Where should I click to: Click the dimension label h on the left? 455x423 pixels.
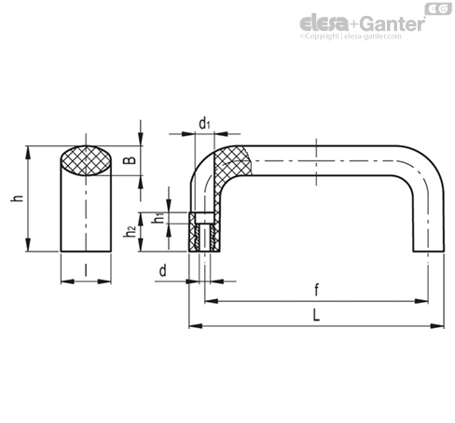(18, 198)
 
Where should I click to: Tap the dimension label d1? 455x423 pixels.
(204, 124)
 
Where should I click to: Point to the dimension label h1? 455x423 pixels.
(159, 218)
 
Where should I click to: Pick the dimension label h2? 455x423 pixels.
(130, 232)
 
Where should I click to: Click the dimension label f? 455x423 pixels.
(316, 290)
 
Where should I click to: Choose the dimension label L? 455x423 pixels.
(316, 316)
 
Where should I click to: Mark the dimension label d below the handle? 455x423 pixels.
(163, 271)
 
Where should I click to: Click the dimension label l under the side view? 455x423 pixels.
(86, 270)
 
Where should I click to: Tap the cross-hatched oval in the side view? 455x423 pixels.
(86, 160)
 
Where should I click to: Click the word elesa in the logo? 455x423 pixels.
(324, 22)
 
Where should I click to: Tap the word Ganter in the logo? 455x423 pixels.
(393, 24)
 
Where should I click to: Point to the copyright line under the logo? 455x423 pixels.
(351, 36)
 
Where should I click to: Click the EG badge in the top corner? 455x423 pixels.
(438, 8)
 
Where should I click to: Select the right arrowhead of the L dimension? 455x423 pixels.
(438, 326)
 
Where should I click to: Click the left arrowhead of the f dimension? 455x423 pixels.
(211, 301)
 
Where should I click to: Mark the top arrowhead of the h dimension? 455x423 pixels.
(28, 152)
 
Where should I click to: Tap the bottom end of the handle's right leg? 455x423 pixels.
(429, 251)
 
